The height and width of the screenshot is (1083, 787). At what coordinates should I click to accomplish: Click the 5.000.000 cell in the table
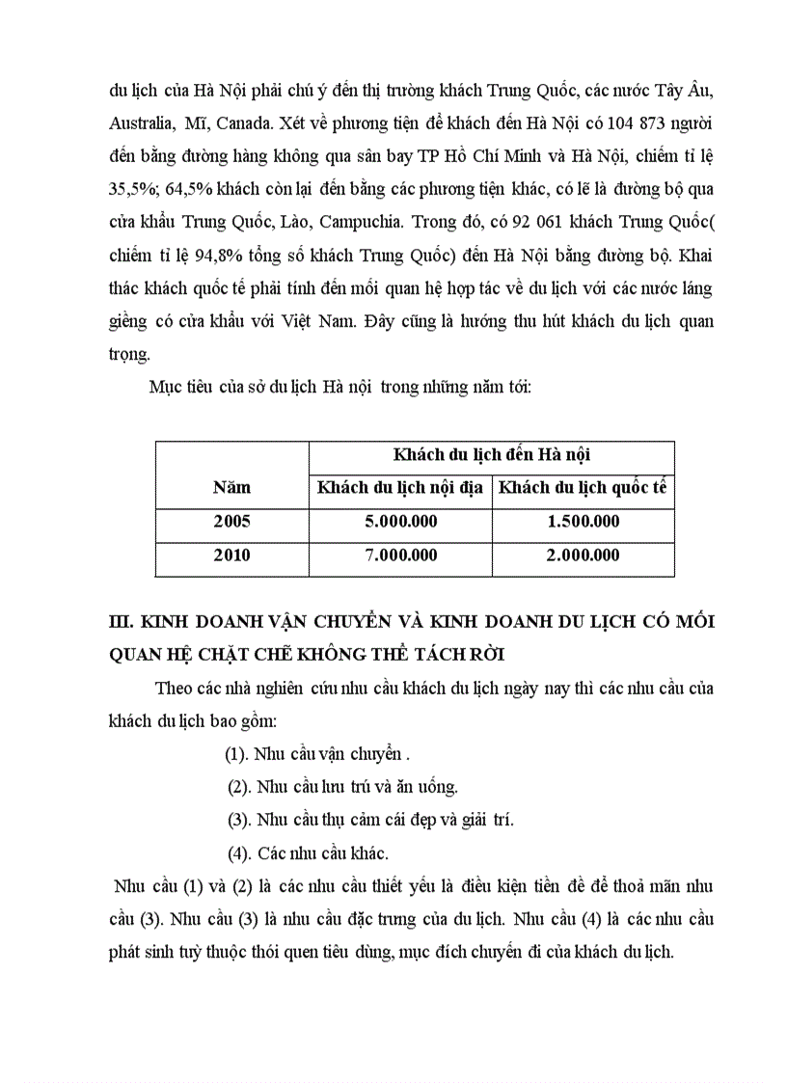399,522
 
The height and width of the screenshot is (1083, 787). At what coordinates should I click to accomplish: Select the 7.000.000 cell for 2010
399,555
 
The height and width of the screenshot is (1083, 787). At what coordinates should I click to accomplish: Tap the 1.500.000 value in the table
583,522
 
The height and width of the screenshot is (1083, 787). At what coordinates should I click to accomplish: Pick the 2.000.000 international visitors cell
583,555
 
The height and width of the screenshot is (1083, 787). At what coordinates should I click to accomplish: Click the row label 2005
231,522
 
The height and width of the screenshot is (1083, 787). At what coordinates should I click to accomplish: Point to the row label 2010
231,555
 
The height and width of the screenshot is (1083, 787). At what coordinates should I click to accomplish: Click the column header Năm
231,488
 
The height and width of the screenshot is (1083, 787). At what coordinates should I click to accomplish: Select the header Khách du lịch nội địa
399,488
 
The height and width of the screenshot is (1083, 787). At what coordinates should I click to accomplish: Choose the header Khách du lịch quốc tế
583,488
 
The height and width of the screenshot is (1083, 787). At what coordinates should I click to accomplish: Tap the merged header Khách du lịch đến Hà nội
491,454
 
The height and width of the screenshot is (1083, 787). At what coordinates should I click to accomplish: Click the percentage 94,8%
249,254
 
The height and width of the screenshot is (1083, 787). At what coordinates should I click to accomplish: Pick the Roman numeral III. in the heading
122,621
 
